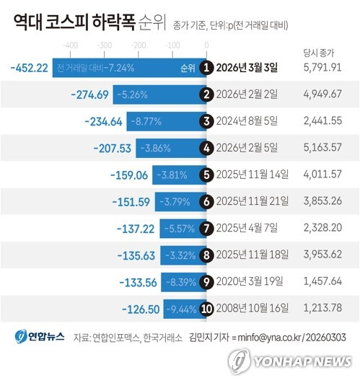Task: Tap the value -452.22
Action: pos(30,68)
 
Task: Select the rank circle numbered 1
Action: pos(207,68)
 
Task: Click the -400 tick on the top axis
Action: pos(71,45)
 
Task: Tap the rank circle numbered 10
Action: pos(207,308)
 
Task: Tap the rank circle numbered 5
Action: pos(207,175)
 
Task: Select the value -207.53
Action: pos(113,148)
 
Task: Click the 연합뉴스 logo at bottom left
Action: pos(40,336)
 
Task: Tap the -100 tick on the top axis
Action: pos(173,45)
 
